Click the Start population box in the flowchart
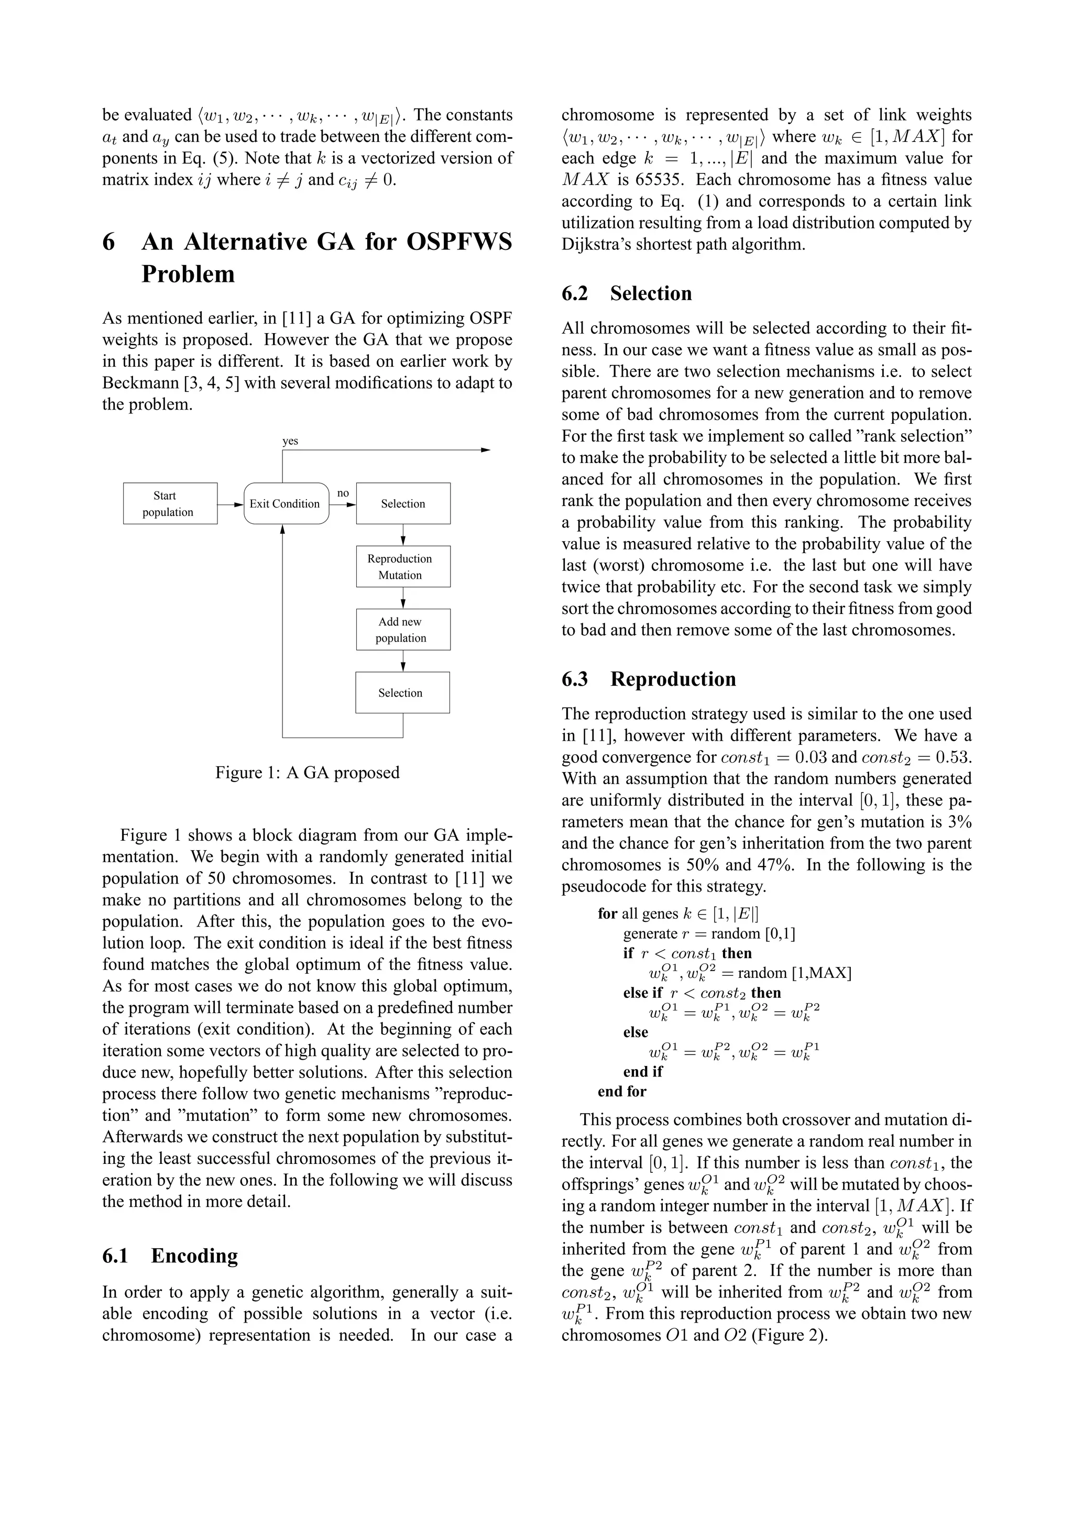(170, 504)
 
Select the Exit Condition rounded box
(286, 504)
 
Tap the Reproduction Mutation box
(402, 567)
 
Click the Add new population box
(402, 630)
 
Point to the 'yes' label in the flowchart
(290, 441)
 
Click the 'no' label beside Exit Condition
(343, 493)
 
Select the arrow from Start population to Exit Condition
(230, 504)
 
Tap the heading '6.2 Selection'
(626, 293)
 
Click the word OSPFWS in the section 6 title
(459, 242)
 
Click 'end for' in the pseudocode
(621, 1092)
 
